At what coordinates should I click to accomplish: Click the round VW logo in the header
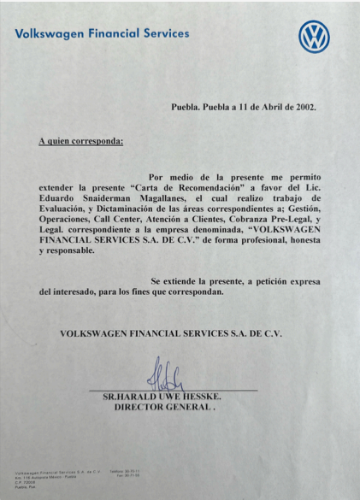[314, 36]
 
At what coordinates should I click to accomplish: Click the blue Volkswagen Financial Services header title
[102, 34]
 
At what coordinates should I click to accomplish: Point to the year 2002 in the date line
[304, 108]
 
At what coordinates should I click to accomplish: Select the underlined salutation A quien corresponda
[81, 140]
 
